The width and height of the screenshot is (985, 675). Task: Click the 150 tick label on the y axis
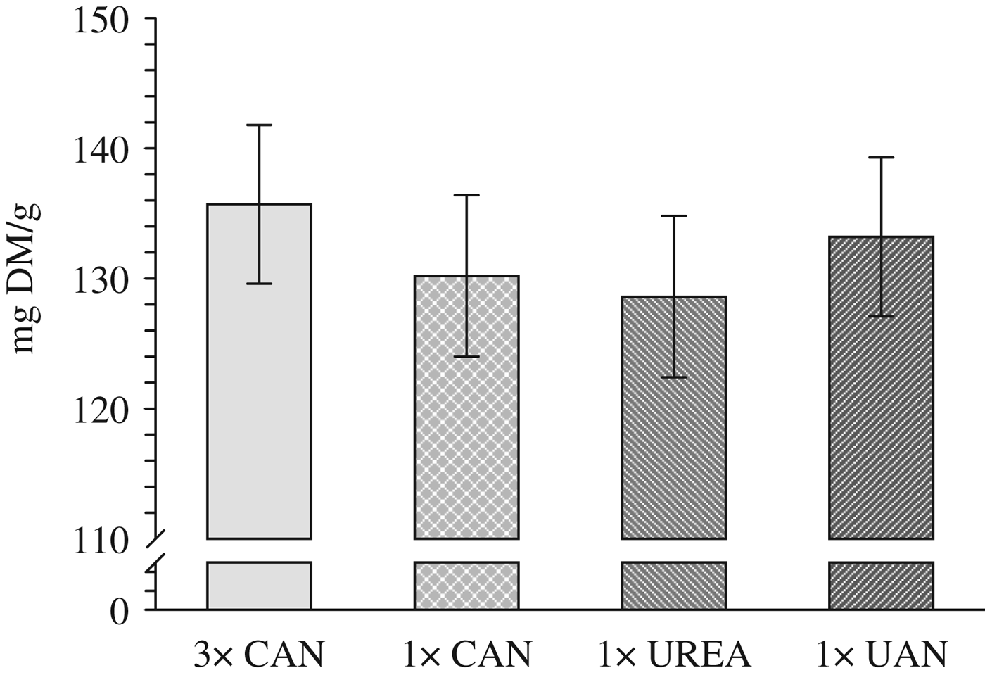[101, 20]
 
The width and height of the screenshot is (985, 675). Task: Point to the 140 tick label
[101, 150]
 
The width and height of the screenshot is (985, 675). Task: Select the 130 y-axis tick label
[101, 280]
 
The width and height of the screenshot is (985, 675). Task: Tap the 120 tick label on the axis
[101, 410]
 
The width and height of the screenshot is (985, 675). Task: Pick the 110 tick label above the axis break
[101, 541]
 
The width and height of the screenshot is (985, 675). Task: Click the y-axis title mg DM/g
[26, 279]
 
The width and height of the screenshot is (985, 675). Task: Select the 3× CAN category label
[259, 655]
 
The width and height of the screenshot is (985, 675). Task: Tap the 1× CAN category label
[466, 655]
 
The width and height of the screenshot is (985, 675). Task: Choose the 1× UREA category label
[674, 655]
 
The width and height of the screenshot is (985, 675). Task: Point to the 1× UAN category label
[881, 655]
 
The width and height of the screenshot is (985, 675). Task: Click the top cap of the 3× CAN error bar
[259, 125]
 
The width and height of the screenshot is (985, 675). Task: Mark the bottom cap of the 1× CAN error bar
[466, 357]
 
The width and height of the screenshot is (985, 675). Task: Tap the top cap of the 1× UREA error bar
[674, 216]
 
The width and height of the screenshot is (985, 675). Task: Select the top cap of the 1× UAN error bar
[881, 158]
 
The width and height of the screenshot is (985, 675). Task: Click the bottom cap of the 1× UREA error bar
[674, 377]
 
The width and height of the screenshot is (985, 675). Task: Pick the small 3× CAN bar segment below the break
[259, 586]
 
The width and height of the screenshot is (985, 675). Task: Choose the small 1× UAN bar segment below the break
[881, 586]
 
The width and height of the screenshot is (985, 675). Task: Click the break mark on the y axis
[155, 550]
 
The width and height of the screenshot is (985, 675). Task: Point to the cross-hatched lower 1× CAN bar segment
[466, 586]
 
